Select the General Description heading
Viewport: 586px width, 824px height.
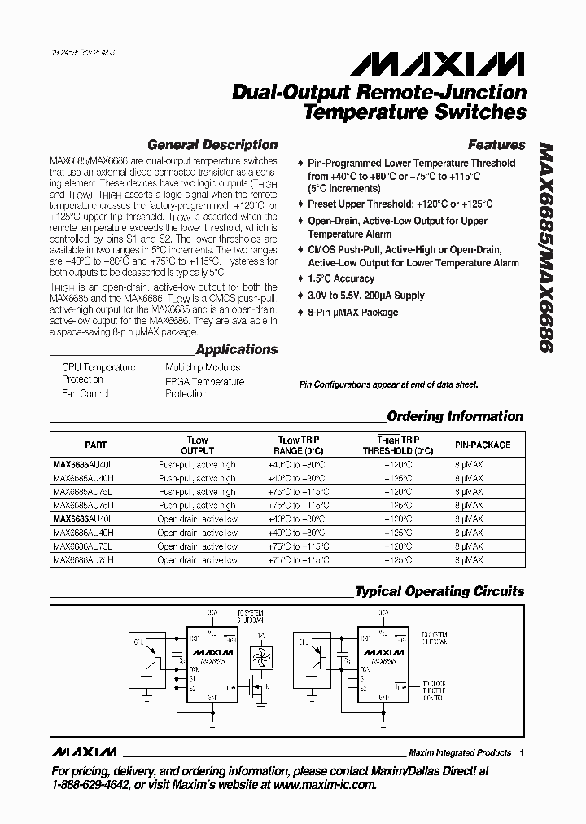(x=212, y=146)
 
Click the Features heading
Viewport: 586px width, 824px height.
(x=496, y=146)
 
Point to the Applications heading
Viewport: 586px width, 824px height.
(x=237, y=350)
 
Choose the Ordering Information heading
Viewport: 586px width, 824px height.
(x=455, y=417)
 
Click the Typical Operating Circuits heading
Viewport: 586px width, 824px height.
(x=439, y=592)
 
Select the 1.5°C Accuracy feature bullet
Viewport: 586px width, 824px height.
(x=341, y=279)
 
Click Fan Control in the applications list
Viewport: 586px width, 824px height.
(x=85, y=393)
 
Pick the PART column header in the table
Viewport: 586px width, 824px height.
(x=95, y=445)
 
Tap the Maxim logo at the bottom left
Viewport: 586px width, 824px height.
(x=83, y=752)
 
